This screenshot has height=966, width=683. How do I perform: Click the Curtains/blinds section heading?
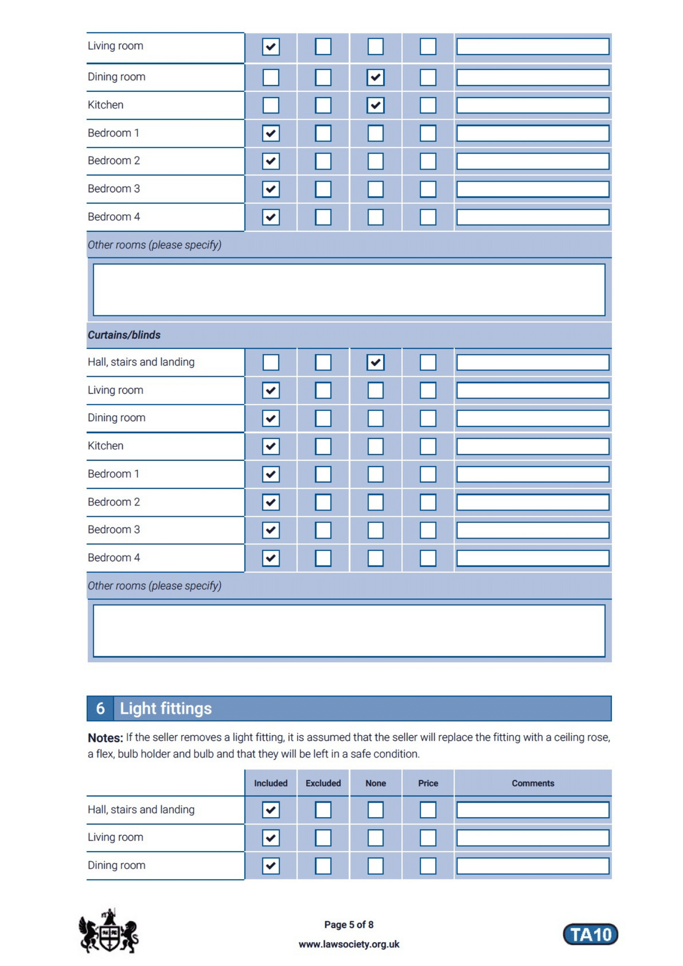[124, 335]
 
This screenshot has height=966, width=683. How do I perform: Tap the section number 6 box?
[100, 708]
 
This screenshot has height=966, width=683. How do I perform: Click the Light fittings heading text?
[166, 708]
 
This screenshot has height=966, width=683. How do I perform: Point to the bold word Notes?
[105, 738]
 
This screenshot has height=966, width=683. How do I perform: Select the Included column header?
[270, 783]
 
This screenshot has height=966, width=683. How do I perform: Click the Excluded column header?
[323, 783]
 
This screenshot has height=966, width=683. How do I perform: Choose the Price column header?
[428, 783]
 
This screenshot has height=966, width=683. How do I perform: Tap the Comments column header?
[533, 783]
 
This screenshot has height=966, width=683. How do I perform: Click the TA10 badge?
[590, 934]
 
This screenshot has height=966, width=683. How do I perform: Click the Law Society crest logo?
[109, 931]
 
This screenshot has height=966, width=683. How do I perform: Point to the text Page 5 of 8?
[349, 924]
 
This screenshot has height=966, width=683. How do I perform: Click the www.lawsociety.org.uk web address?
[349, 944]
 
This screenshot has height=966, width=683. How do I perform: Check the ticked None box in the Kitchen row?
[375, 105]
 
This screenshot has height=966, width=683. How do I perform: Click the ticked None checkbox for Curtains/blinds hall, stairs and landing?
[375, 362]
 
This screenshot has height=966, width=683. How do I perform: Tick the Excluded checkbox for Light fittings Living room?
[323, 838]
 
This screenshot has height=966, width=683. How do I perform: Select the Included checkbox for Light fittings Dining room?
[271, 866]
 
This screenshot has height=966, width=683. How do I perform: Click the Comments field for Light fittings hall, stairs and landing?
[533, 810]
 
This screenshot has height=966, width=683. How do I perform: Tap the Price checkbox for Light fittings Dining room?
[428, 866]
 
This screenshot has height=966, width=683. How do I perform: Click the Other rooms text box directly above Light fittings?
[349, 630]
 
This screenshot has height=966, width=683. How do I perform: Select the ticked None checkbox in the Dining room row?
[375, 77]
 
